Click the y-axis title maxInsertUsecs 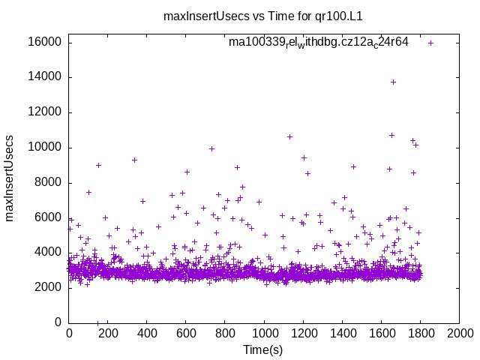10,178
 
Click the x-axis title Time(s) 262,349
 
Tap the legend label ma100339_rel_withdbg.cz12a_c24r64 319,42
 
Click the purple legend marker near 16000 430,43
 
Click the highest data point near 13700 393,82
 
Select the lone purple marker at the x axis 97,322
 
